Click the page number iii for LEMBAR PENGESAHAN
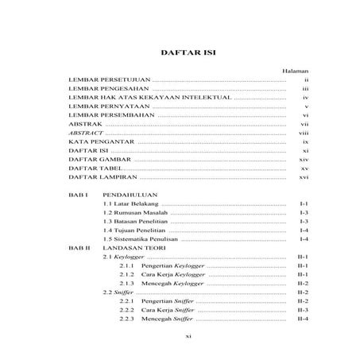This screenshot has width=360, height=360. coord(304,93)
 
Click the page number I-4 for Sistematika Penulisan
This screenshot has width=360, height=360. coord(303,238)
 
